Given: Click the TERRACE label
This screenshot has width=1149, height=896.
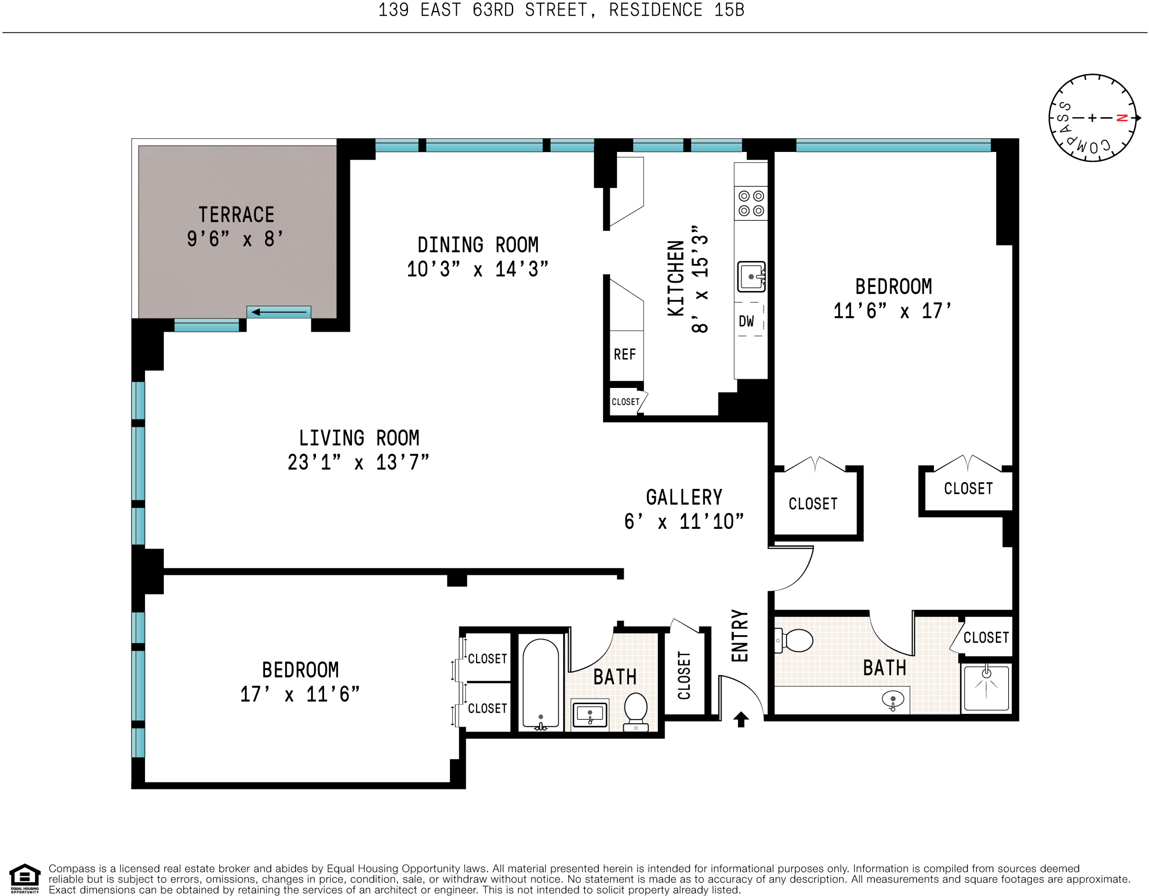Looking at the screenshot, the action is pyautogui.click(x=236, y=215).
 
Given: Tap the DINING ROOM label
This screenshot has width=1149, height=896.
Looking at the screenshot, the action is pyautogui.click(x=478, y=245).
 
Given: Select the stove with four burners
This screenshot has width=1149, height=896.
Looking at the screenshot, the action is pyautogui.click(x=751, y=203).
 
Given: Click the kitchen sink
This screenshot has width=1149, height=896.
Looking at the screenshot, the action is pyautogui.click(x=751, y=276).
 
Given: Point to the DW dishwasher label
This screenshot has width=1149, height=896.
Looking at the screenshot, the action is pyautogui.click(x=746, y=321).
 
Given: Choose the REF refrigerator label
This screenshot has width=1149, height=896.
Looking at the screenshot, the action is pyautogui.click(x=624, y=354).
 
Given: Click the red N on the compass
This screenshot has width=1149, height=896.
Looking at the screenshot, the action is pyautogui.click(x=1121, y=118).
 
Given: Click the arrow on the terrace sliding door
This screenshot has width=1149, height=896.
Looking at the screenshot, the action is pyautogui.click(x=278, y=312).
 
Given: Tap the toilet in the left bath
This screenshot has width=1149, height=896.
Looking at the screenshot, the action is pyautogui.click(x=635, y=712).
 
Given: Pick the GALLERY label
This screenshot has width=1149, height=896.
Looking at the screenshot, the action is pyautogui.click(x=684, y=497).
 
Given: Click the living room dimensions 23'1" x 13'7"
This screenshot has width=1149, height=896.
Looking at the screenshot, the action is pyautogui.click(x=358, y=462).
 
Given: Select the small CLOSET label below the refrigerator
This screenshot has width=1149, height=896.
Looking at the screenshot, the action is pyautogui.click(x=625, y=402).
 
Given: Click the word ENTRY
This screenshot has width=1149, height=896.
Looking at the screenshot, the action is pyautogui.click(x=740, y=635).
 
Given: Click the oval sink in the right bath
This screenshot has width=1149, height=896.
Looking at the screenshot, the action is pyautogui.click(x=893, y=699).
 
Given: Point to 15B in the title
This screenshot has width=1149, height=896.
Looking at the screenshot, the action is pyautogui.click(x=729, y=10).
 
